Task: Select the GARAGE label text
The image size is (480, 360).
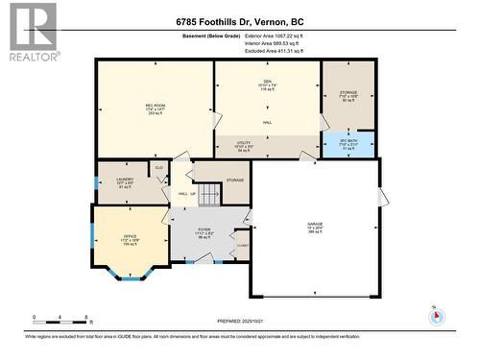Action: click(315, 224)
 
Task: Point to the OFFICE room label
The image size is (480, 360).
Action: click(116, 235)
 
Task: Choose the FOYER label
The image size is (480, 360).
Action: click(204, 230)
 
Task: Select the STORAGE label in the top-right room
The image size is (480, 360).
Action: click(348, 94)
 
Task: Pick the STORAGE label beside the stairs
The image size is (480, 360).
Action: click(235, 180)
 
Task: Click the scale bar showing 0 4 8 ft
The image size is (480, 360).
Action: click(60, 320)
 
